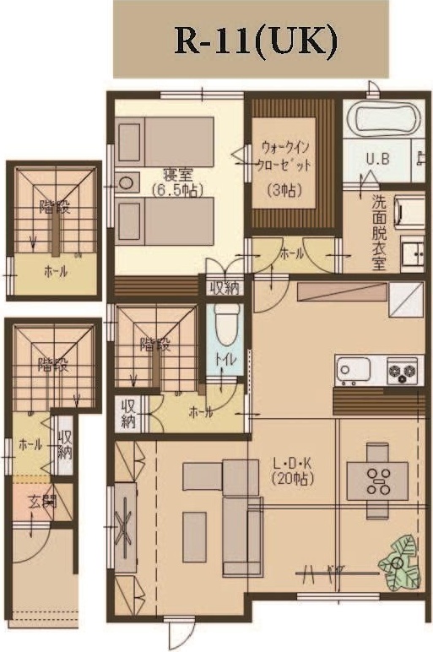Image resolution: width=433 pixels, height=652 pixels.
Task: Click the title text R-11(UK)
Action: coord(251,40)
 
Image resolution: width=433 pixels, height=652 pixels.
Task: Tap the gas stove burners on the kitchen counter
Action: coord(402,370)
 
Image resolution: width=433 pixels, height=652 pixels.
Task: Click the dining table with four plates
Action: coord(377,480)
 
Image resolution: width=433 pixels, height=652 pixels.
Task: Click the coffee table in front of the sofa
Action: coord(194,536)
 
